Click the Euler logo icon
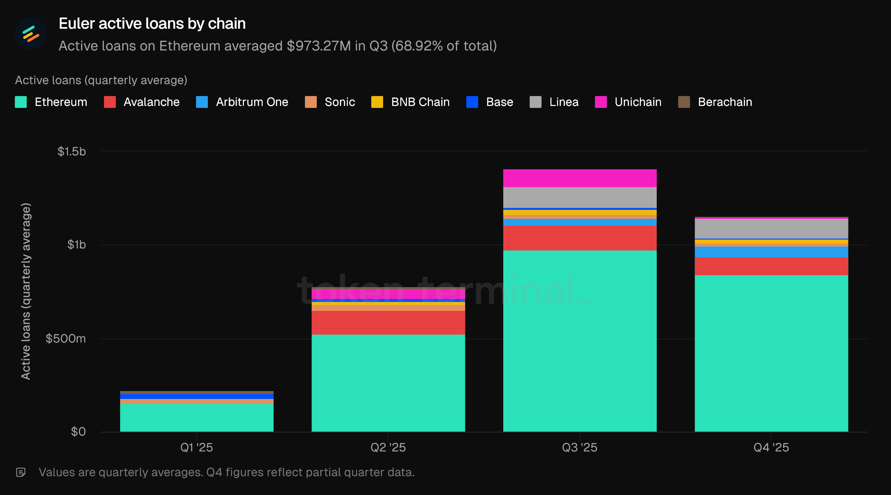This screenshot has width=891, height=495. click(x=30, y=34)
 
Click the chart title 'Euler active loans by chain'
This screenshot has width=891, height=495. click(x=152, y=23)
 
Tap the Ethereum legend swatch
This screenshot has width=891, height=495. click(x=21, y=102)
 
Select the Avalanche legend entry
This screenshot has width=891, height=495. click(x=142, y=102)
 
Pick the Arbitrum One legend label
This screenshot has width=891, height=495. click(x=252, y=102)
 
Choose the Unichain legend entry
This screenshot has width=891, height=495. click(x=628, y=102)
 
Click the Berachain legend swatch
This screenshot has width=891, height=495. click(x=684, y=102)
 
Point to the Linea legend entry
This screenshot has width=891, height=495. click(x=554, y=102)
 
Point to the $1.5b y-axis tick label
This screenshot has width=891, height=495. click(x=72, y=151)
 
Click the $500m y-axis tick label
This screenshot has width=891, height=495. click(x=66, y=338)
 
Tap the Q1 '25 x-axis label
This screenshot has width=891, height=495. click(x=196, y=447)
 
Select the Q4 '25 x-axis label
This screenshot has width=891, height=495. click(x=771, y=447)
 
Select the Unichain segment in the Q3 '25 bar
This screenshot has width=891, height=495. click(x=580, y=178)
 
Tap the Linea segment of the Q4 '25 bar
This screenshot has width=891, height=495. click(x=771, y=229)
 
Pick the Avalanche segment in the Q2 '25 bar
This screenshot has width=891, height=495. click(x=388, y=322)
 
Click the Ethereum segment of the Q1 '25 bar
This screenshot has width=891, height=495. click(x=196, y=417)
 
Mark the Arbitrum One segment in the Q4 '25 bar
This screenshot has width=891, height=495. click(x=771, y=252)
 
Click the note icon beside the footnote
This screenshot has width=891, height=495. click(x=21, y=472)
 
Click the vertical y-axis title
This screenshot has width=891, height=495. click(x=26, y=291)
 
